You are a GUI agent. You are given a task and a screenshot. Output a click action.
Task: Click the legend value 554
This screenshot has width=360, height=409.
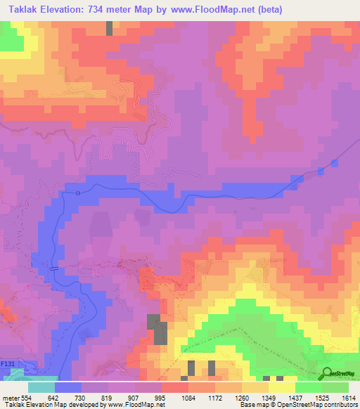pos(24,398)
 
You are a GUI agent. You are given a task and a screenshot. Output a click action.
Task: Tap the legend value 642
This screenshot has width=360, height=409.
pos(54,398)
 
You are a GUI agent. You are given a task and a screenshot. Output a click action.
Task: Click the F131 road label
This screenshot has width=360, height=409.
pos(8,363)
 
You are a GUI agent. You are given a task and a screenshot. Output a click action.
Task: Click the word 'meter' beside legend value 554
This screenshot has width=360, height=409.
pos(9,398)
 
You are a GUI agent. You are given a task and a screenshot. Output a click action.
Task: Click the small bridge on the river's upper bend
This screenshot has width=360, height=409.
pos(79,193)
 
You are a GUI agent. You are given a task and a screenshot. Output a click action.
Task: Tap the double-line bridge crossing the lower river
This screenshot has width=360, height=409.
pos(55,268)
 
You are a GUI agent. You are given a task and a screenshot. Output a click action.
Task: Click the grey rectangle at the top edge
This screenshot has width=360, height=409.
pos(109,28)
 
